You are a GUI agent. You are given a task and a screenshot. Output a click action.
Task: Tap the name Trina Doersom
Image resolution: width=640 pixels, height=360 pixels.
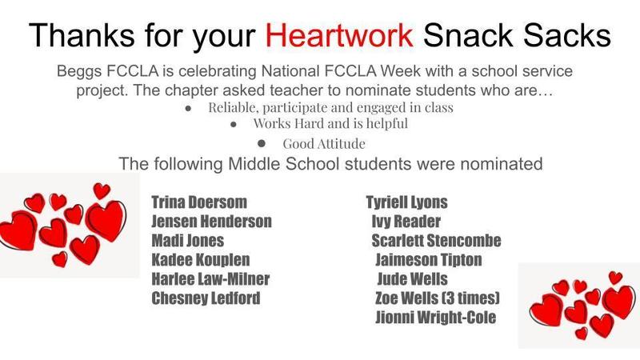[x=200, y=202]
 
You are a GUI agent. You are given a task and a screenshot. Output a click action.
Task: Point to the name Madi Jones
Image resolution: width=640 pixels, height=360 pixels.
[x=187, y=241]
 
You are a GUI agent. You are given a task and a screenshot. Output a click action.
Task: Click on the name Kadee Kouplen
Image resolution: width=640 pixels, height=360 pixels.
[x=200, y=260]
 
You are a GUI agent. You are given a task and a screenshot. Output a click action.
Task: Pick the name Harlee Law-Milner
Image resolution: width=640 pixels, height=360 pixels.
[x=210, y=279]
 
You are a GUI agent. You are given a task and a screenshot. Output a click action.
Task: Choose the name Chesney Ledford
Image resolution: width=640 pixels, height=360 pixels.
[x=206, y=298]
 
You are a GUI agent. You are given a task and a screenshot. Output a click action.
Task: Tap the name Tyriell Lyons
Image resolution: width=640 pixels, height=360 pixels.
[x=406, y=202]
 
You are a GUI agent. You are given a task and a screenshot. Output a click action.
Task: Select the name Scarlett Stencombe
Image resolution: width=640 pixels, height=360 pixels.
[x=436, y=241]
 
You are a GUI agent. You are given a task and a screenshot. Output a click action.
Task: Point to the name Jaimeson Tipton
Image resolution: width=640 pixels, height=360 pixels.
[x=429, y=260]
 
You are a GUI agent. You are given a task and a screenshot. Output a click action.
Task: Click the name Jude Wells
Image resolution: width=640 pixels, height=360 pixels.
[x=412, y=279]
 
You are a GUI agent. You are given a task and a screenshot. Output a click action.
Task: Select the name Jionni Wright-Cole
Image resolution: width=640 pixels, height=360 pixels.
[x=435, y=318]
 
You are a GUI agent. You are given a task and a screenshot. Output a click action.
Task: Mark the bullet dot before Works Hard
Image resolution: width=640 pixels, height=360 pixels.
[x=233, y=124]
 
